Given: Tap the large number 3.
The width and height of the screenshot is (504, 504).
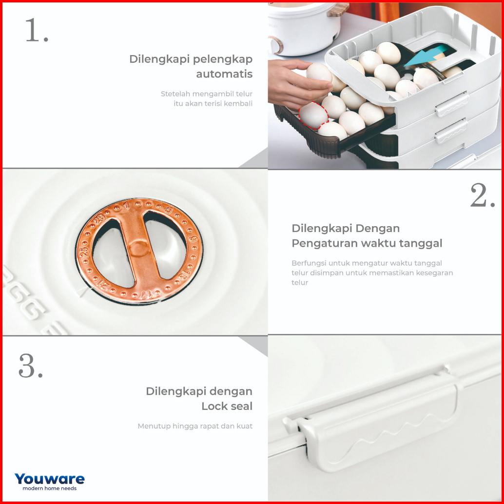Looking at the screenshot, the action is (x=31, y=366).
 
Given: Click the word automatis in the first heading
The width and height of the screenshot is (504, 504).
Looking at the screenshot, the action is (x=224, y=74).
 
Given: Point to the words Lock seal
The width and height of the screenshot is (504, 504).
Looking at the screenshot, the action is (x=227, y=406).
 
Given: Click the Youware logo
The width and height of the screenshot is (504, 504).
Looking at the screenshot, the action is (x=50, y=479).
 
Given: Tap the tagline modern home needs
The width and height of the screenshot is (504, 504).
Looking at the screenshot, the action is (x=50, y=488).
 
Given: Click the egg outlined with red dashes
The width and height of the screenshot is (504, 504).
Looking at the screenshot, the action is (x=313, y=115).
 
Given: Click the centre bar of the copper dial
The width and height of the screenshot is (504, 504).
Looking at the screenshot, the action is (x=139, y=249).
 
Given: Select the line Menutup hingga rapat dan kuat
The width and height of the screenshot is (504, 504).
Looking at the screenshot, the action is (x=195, y=426).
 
